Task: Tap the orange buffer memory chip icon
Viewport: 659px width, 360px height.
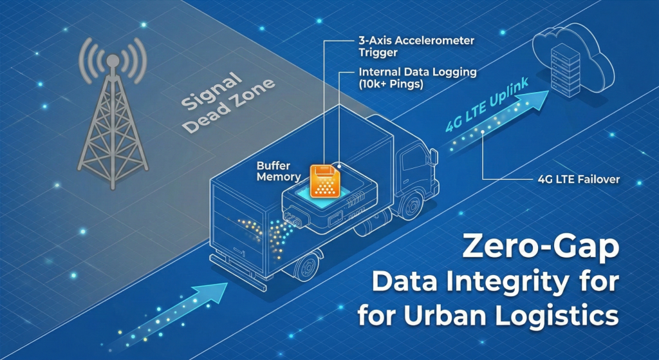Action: (x=324, y=181)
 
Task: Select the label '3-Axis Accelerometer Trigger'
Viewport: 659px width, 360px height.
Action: (x=416, y=46)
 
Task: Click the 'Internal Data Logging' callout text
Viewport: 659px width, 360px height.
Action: (x=417, y=72)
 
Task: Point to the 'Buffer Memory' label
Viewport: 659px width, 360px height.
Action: (x=279, y=171)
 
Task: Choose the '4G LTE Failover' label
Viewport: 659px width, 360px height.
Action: (x=579, y=180)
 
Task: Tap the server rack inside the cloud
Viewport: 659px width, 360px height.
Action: (x=566, y=70)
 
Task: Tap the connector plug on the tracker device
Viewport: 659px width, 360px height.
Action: (x=296, y=218)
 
